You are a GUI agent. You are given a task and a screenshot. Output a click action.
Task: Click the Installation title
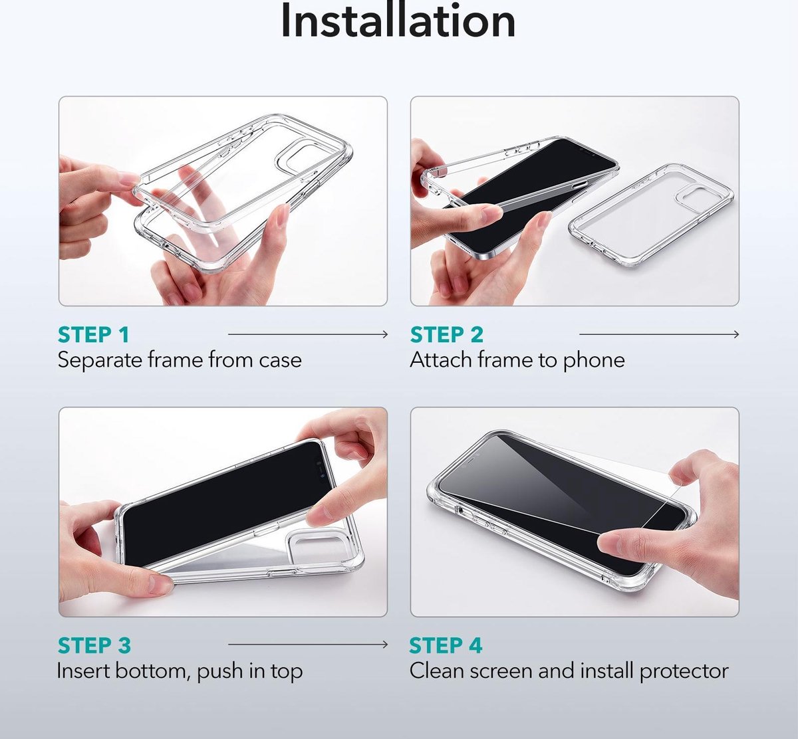(x=398, y=21)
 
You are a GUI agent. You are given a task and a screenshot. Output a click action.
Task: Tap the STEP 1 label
(x=94, y=335)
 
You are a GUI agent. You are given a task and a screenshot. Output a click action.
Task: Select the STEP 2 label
(x=446, y=335)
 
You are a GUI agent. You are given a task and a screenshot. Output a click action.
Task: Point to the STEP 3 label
(x=94, y=645)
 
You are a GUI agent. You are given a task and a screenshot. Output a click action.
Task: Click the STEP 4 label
(x=446, y=645)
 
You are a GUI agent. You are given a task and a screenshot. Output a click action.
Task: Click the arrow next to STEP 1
(x=308, y=334)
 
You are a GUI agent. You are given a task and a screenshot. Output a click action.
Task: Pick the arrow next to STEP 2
(x=659, y=334)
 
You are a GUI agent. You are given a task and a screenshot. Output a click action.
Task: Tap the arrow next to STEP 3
(x=308, y=645)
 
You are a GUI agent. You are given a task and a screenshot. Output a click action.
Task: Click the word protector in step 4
(x=684, y=671)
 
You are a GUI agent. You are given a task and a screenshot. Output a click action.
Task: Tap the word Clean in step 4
(x=437, y=671)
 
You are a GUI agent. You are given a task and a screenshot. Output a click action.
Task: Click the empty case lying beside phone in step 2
(x=651, y=216)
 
